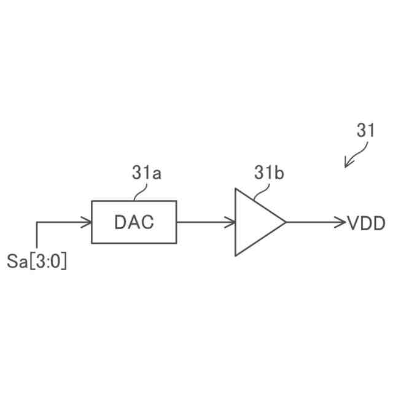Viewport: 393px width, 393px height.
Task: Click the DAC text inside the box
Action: tap(134, 222)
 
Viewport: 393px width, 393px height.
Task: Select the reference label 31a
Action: tap(147, 174)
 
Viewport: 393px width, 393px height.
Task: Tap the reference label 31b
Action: tap(269, 174)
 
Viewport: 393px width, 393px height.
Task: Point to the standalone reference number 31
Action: tap(366, 131)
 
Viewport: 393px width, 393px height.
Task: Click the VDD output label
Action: tap(367, 222)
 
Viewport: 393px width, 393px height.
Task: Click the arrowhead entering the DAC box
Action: tap(88, 222)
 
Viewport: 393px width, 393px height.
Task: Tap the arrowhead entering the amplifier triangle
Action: tap(232, 222)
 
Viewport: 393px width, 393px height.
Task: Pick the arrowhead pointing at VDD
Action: tap(343, 222)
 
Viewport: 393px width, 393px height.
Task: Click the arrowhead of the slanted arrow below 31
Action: tap(347, 165)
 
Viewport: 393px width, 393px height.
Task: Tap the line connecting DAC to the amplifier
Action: tap(203, 222)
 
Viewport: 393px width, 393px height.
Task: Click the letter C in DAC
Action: tap(147, 222)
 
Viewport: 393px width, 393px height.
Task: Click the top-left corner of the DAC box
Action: tap(92, 201)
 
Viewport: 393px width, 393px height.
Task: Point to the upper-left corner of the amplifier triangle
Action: tap(236, 189)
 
